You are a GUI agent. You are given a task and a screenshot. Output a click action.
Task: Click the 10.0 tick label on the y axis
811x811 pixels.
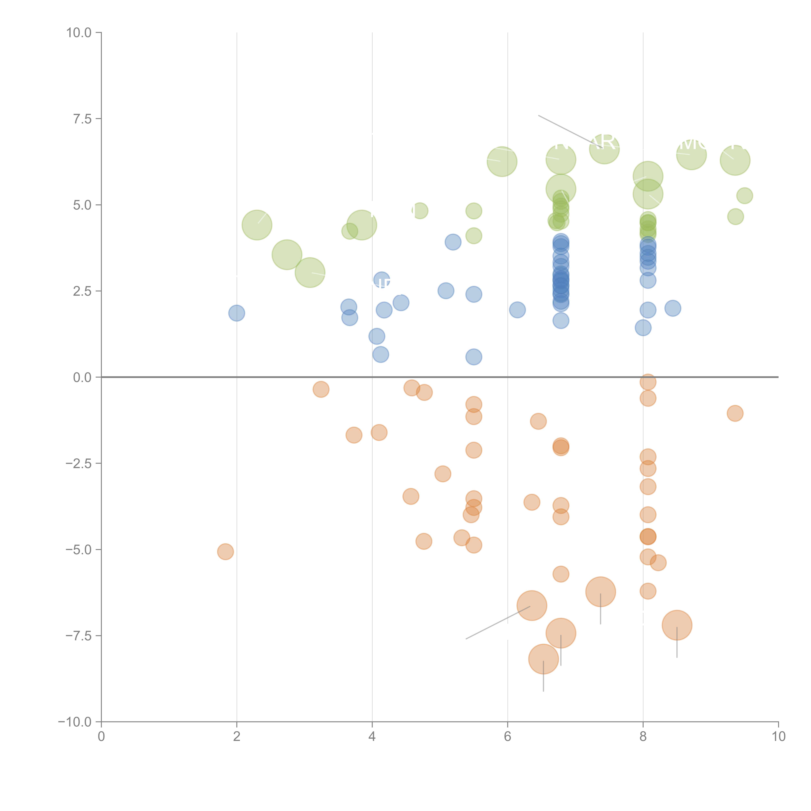pos(79,33)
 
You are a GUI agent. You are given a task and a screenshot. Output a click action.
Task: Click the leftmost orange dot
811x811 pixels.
pos(225,552)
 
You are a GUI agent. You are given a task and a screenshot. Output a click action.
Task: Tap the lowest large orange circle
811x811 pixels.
pos(543,659)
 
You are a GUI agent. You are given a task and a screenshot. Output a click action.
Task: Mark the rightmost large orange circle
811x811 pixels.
pos(677,625)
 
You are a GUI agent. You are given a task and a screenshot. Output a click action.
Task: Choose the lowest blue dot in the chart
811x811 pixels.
pos(473,357)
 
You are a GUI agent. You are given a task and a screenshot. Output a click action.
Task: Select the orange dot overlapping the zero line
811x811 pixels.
pos(648,382)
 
